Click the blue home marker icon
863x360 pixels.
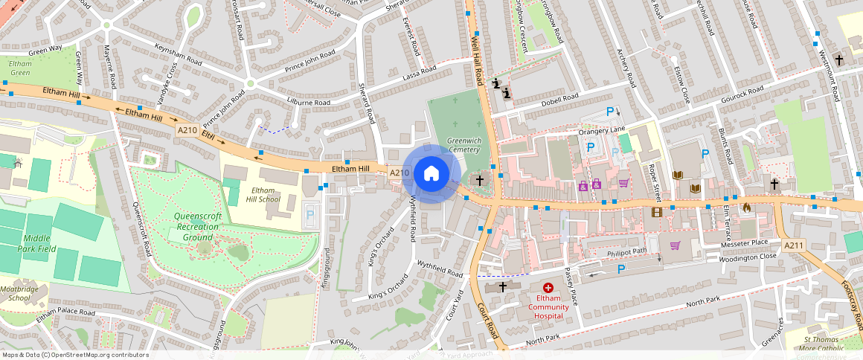tap(431, 174)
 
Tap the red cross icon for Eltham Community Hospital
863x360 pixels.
tap(548, 287)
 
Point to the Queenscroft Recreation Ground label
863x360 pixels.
tap(198, 227)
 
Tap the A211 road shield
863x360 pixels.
tap(794, 245)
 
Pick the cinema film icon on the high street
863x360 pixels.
tap(655, 212)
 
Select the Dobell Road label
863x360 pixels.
tap(560, 98)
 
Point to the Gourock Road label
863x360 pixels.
tap(742, 95)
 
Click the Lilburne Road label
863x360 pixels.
tap(309, 102)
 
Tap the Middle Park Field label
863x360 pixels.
tap(36, 243)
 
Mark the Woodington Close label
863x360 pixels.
tap(747, 257)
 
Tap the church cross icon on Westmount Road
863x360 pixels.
tap(839, 59)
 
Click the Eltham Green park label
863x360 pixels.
tap(20, 68)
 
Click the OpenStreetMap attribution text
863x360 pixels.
tap(75, 355)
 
